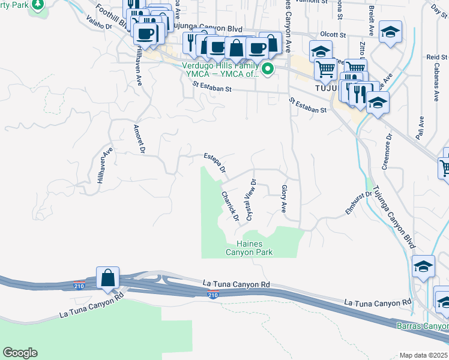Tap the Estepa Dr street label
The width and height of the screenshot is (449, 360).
(214, 163)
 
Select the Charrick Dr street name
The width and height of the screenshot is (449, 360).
(231, 205)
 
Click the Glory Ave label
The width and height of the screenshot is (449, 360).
(284, 199)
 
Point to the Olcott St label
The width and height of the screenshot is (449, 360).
(334, 35)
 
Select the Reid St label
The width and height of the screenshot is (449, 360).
(433, 56)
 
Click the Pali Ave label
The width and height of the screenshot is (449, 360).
(422, 125)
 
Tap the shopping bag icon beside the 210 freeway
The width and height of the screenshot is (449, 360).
(107, 278)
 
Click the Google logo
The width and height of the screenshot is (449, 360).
(20, 353)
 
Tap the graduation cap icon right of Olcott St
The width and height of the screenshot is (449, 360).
(391, 34)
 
